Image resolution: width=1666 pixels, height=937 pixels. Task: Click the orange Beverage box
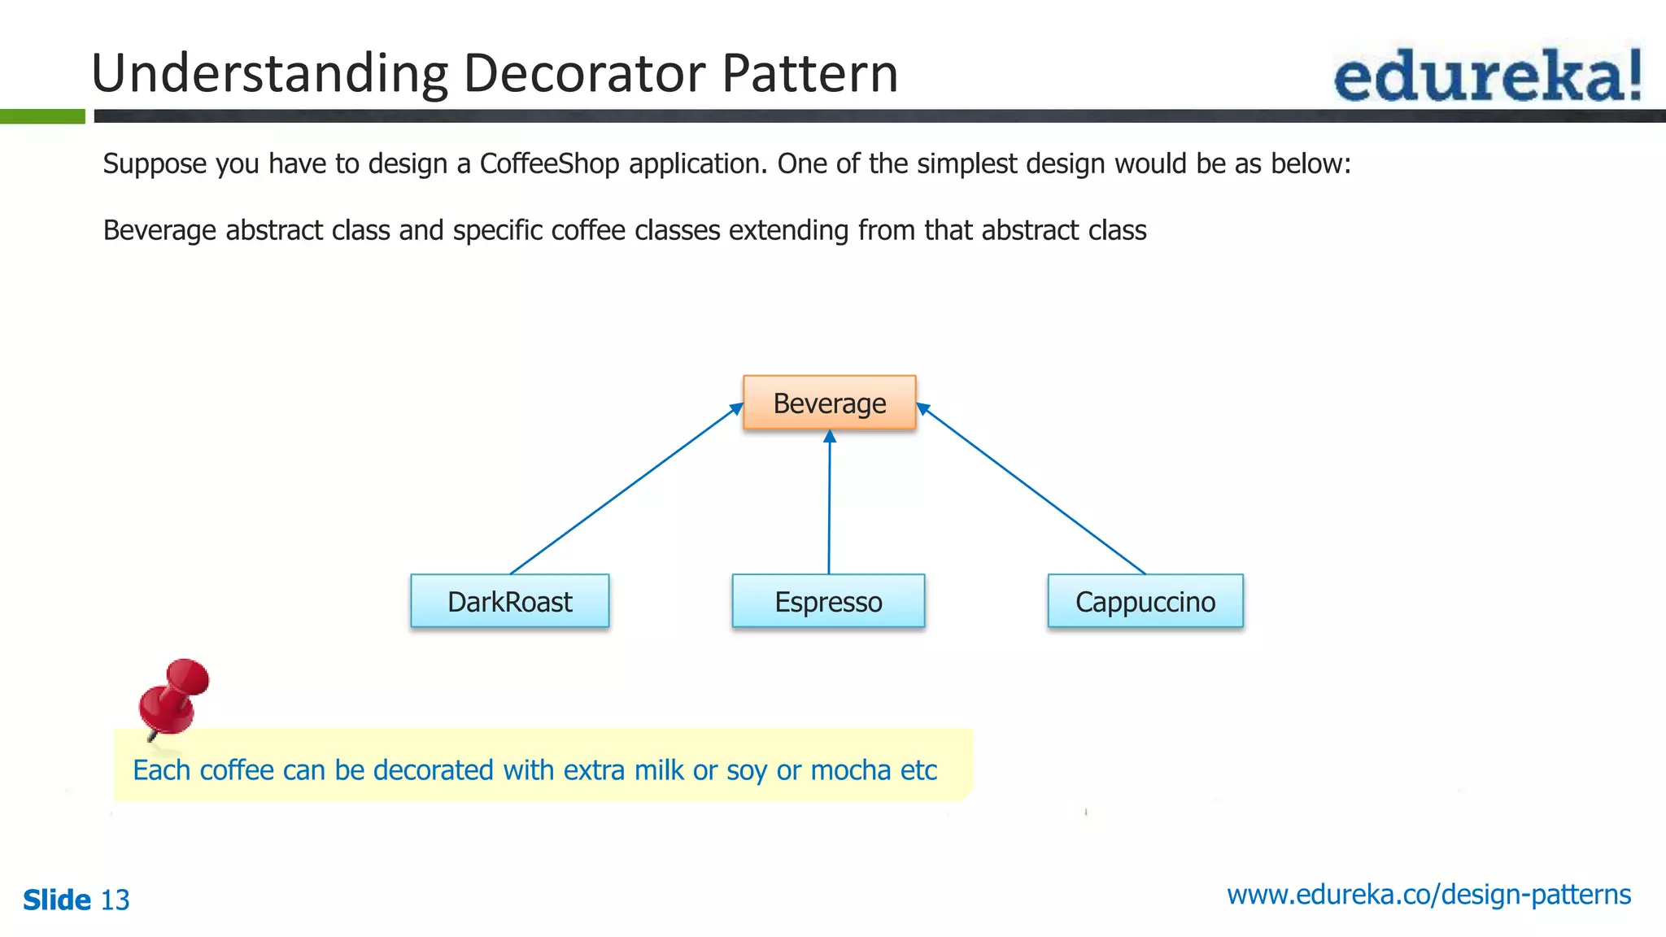[829, 403]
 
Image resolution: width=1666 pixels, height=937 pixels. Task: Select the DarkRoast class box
[509, 601]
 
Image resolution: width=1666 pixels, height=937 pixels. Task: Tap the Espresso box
[828, 601]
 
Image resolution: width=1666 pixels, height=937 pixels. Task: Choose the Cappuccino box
[1145, 601]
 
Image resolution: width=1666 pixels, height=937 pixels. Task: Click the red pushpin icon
[173, 696]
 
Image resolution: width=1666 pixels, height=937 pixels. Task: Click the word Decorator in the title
[584, 73]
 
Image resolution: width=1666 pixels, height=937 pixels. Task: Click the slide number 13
[115, 900]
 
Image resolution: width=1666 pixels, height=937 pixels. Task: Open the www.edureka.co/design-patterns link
[1428, 894]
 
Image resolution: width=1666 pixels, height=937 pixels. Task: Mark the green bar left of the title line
[42, 116]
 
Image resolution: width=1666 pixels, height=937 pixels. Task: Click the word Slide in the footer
[56, 900]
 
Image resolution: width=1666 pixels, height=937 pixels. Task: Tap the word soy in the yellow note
[747, 769]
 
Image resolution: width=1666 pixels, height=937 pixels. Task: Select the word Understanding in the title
[268, 73]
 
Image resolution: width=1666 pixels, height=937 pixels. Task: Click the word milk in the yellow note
[659, 769]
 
